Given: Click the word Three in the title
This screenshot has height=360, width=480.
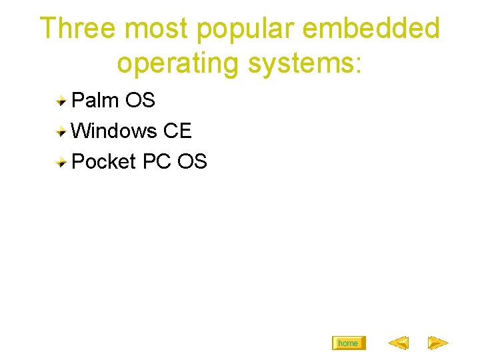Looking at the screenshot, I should pos(79,29).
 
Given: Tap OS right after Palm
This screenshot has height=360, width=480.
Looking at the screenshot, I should pos(140,101).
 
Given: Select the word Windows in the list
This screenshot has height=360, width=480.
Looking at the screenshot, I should pos(113,131).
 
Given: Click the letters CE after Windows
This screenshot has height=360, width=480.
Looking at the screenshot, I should pos(177,131).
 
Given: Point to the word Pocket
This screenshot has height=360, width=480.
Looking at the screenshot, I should pos(103,161).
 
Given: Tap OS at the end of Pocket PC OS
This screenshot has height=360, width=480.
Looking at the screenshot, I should pos(193,161).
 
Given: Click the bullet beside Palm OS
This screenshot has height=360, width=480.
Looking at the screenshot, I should pos(61,101).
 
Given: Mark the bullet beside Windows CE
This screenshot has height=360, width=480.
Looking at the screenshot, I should pos(61,131).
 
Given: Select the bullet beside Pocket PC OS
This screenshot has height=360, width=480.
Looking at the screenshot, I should pos(61,162).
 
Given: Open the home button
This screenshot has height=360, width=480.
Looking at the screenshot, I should pos(348,343).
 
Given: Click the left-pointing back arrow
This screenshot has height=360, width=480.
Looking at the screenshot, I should pos(398,343).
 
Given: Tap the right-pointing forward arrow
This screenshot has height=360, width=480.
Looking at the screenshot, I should pos(437,343).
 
